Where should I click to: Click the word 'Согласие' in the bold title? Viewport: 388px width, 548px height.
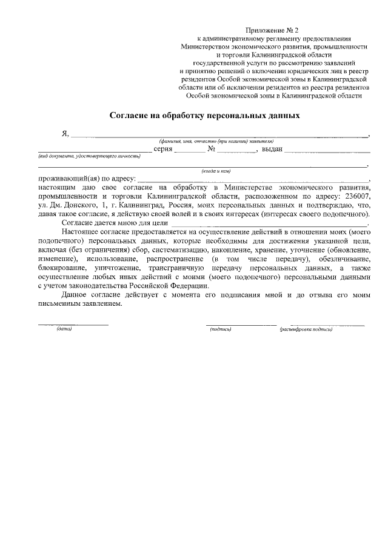(130, 114)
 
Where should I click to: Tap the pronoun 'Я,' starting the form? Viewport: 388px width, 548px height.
(65, 133)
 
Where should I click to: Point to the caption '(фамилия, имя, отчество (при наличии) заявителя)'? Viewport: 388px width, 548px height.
(217, 140)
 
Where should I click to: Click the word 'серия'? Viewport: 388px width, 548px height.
(164, 148)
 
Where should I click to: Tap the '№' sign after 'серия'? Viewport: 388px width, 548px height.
(212, 148)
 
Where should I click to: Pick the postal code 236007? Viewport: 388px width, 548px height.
(355, 197)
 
